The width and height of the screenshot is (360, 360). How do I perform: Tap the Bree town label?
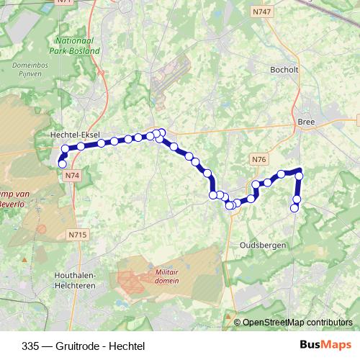click(306, 122)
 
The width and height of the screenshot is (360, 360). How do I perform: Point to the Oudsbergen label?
click(263, 245)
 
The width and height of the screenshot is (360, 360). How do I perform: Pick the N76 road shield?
click(260, 159)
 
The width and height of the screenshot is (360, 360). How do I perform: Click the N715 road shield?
click(78, 234)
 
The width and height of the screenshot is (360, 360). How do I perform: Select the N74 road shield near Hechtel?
click(71, 175)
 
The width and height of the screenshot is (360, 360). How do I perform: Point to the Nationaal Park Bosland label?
click(76, 47)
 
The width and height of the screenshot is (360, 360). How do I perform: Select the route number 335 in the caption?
click(31, 345)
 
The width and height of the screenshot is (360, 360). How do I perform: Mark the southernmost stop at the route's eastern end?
click(294, 208)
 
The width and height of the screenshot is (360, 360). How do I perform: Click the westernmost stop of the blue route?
click(62, 164)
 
